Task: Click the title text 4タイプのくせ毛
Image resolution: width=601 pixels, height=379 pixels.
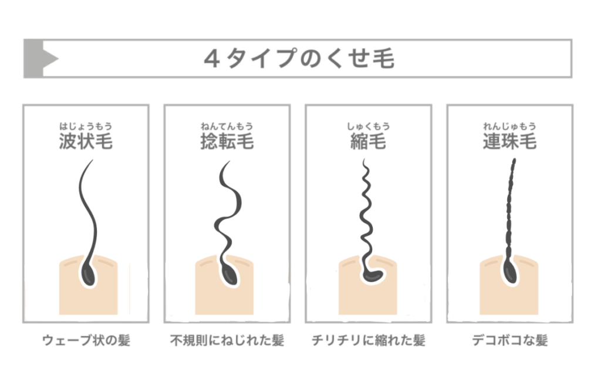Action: coord(299,59)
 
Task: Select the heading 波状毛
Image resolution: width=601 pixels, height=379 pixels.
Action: coord(86,141)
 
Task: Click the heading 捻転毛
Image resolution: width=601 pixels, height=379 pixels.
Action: coord(227,141)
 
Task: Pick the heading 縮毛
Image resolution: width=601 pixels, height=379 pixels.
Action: coord(369,141)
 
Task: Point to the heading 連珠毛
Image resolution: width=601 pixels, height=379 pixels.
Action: coord(510,141)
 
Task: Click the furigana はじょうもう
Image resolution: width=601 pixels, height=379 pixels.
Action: coord(86,126)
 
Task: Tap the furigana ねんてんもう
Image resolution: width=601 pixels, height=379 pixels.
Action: coord(227,126)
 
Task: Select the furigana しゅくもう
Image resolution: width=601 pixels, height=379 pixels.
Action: coord(369,126)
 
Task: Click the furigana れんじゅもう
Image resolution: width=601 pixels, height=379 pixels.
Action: coord(510,126)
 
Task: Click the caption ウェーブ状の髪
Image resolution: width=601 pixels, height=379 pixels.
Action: coord(86,340)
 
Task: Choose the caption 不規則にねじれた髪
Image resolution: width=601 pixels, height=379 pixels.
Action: coord(227,340)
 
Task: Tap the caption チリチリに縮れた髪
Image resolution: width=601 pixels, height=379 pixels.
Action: coord(369,340)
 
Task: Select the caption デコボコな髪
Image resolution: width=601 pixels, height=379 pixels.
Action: coord(510,340)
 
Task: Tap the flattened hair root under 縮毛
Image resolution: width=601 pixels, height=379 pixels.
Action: coord(372,276)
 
